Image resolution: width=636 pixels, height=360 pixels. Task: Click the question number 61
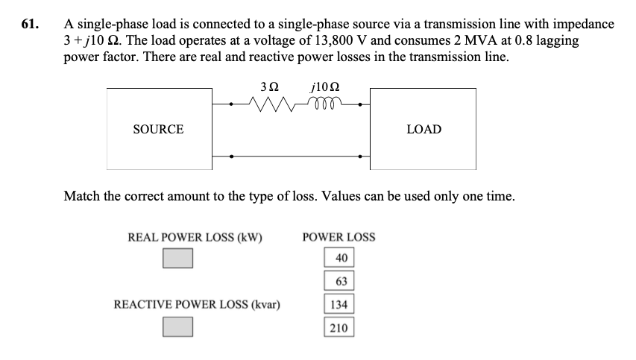click(29, 24)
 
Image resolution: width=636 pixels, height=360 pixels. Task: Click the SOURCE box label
click(158, 130)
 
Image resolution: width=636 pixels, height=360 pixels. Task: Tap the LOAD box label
click(424, 130)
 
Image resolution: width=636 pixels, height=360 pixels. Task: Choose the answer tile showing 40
click(339, 258)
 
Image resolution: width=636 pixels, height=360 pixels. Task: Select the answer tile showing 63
click(339, 281)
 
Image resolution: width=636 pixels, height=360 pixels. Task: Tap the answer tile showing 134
click(339, 304)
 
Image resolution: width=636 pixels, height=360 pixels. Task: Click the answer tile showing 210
click(339, 327)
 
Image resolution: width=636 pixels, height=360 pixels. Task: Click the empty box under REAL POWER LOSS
click(178, 259)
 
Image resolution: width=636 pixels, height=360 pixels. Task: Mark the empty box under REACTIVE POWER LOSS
click(178, 326)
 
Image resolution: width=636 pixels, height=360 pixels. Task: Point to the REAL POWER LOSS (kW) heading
click(196, 238)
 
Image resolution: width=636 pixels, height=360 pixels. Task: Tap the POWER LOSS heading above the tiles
click(339, 238)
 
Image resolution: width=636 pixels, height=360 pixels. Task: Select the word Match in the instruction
click(81, 197)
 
